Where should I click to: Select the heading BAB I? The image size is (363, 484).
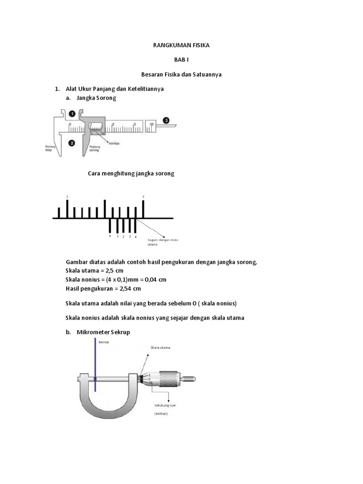[x=181, y=60]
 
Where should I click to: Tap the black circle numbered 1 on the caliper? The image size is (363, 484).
[x=71, y=114]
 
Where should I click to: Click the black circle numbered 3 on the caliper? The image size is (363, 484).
[x=166, y=120]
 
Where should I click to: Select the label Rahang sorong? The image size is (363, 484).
[x=95, y=149]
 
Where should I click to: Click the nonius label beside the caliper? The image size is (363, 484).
[x=114, y=143]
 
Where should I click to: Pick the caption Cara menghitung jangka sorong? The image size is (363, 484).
[x=131, y=173]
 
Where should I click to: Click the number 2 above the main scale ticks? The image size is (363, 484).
[x=67, y=196]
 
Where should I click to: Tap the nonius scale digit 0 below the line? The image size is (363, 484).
[x=110, y=235]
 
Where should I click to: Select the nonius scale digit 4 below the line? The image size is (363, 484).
[x=136, y=236]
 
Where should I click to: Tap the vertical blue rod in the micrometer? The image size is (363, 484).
[x=95, y=364]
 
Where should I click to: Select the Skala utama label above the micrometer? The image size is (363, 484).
[x=160, y=347]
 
